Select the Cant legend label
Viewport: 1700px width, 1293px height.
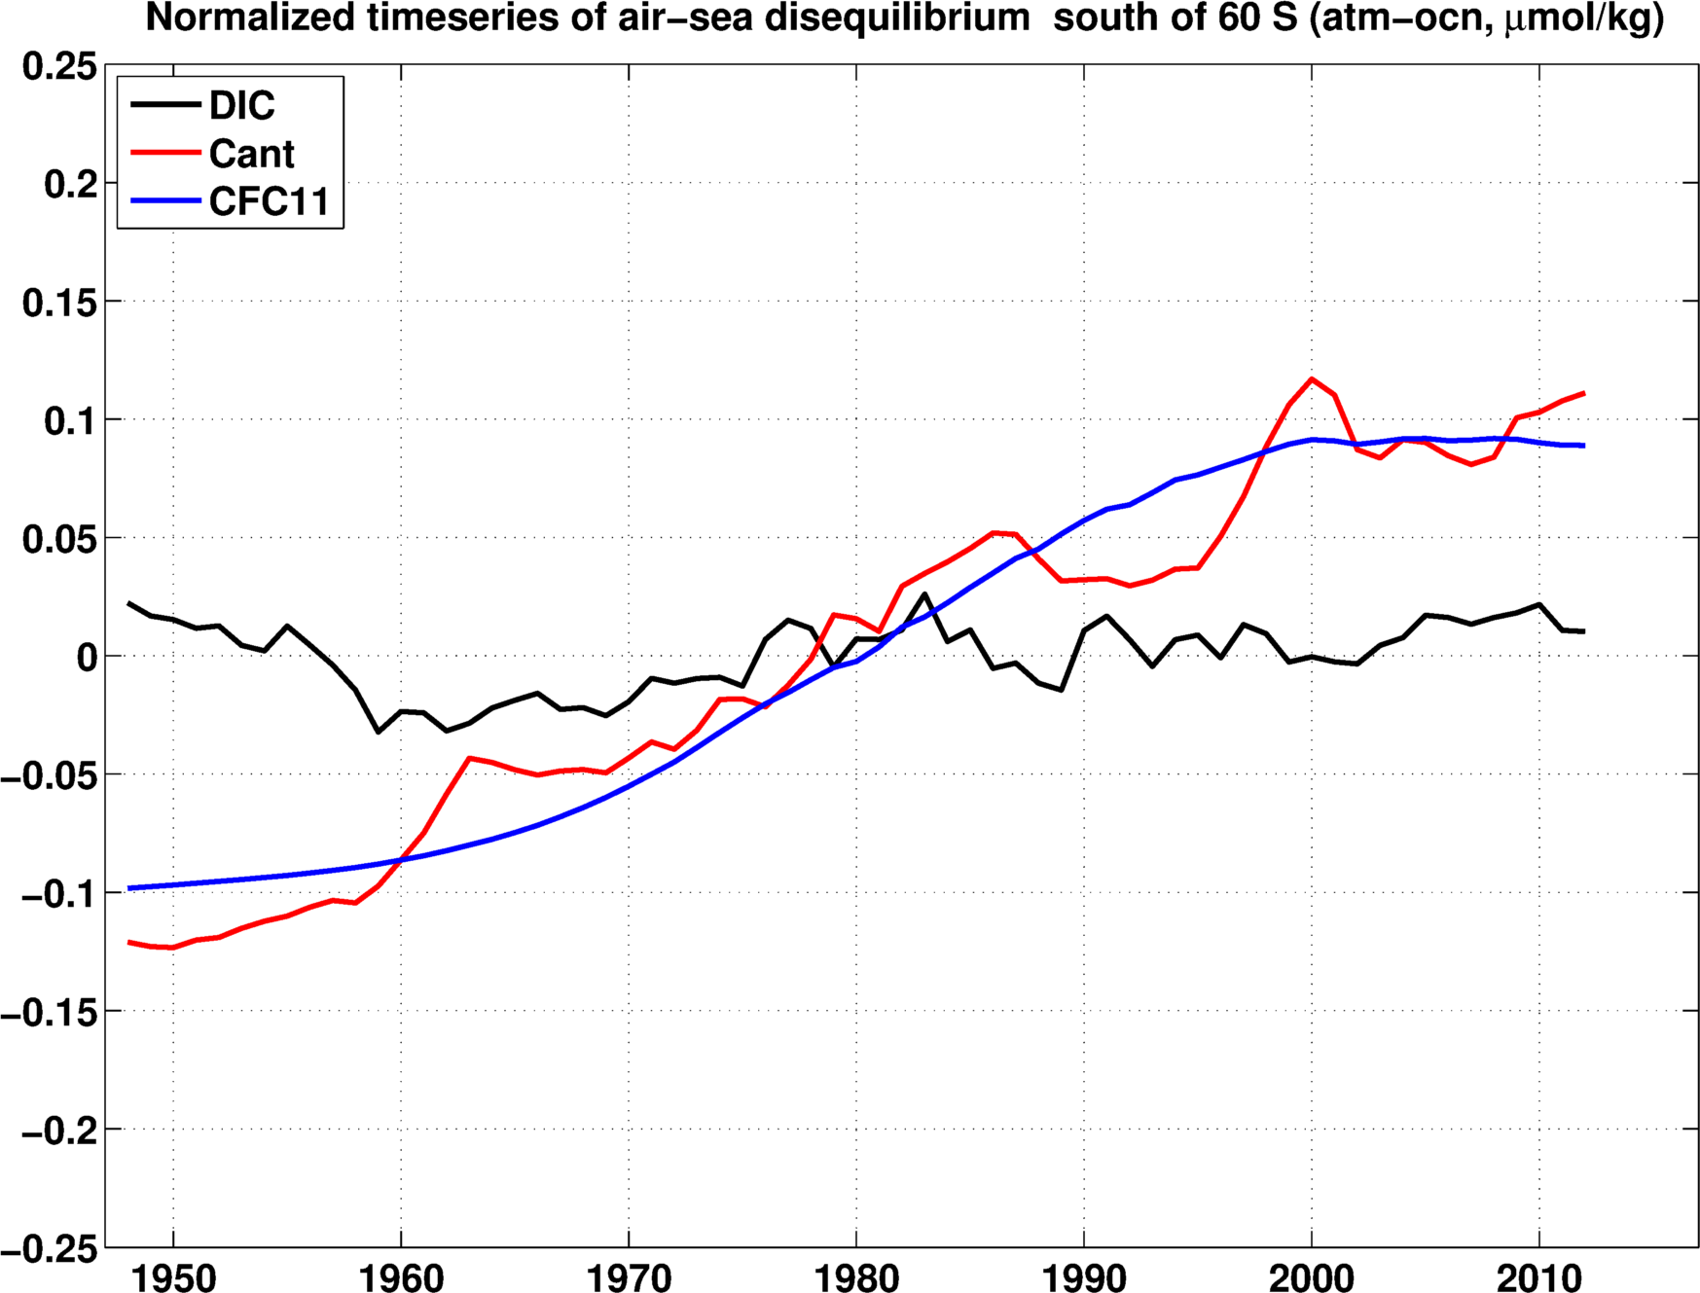pos(251,154)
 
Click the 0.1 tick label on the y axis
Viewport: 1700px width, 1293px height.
pos(70,420)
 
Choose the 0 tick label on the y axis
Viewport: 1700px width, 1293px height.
pos(88,657)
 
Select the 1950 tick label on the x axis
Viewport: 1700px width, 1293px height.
pos(173,1277)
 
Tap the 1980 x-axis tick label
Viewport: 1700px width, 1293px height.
pos(856,1277)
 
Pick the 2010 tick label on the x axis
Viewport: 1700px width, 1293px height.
pos(1539,1277)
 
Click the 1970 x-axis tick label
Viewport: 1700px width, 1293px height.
pos(629,1277)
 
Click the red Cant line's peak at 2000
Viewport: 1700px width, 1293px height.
pos(1312,378)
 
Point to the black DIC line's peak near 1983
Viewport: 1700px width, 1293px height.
pos(924,593)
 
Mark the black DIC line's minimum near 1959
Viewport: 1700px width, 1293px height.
pos(379,732)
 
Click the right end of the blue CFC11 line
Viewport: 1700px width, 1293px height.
pos(1584,446)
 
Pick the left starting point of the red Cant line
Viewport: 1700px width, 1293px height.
pos(129,942)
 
